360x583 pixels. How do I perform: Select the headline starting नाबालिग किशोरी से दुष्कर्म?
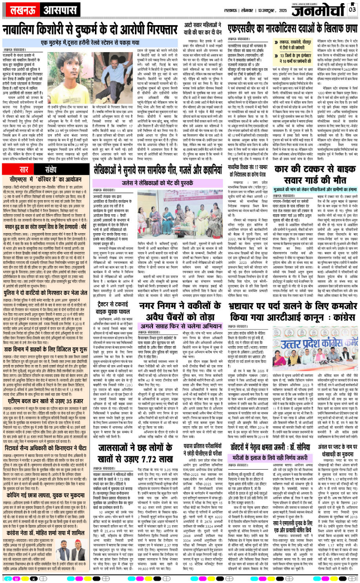pyautogui.click(x=87, y=31)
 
